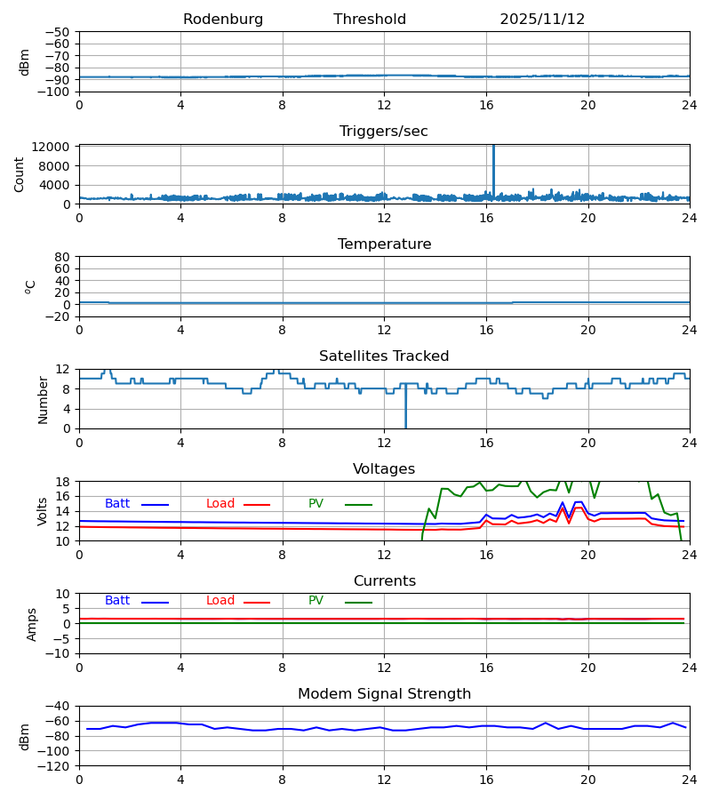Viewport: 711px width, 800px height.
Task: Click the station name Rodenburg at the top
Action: pyautogui.click(x=223, y=20)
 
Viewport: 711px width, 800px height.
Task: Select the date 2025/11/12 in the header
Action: pyautogui.click(x=542, y=20)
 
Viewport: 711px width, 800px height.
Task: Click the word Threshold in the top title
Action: pyautogui.click(x=370, y=20)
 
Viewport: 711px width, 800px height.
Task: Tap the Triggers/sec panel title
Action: pyautogui.click(x=384, y=132)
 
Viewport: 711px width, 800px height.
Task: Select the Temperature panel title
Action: pyautogui.click(x=384, y=244)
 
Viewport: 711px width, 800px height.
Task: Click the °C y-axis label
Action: pyautogui.click(x=30, y=286)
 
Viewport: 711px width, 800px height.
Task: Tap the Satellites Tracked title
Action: pyautogui.click(x=384, y=356)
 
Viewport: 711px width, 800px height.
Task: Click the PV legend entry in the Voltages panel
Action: pyautogui.click(x=316, y=504)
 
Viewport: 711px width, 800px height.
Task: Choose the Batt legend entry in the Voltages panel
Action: pyautogui.click(x=117, y=504)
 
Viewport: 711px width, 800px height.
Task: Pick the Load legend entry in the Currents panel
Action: pyautogui.click(x=220, y=601)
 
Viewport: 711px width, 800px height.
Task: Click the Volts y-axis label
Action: pyautogui.click(x=43, y=511)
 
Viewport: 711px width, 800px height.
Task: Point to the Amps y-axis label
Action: pyautogui.click(x=32, y=624)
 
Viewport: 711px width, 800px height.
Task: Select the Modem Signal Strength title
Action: pyautogui.click(x=384, y=694)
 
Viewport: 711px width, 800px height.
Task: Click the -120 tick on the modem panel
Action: pyautogui.click(x=54, y=765)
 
